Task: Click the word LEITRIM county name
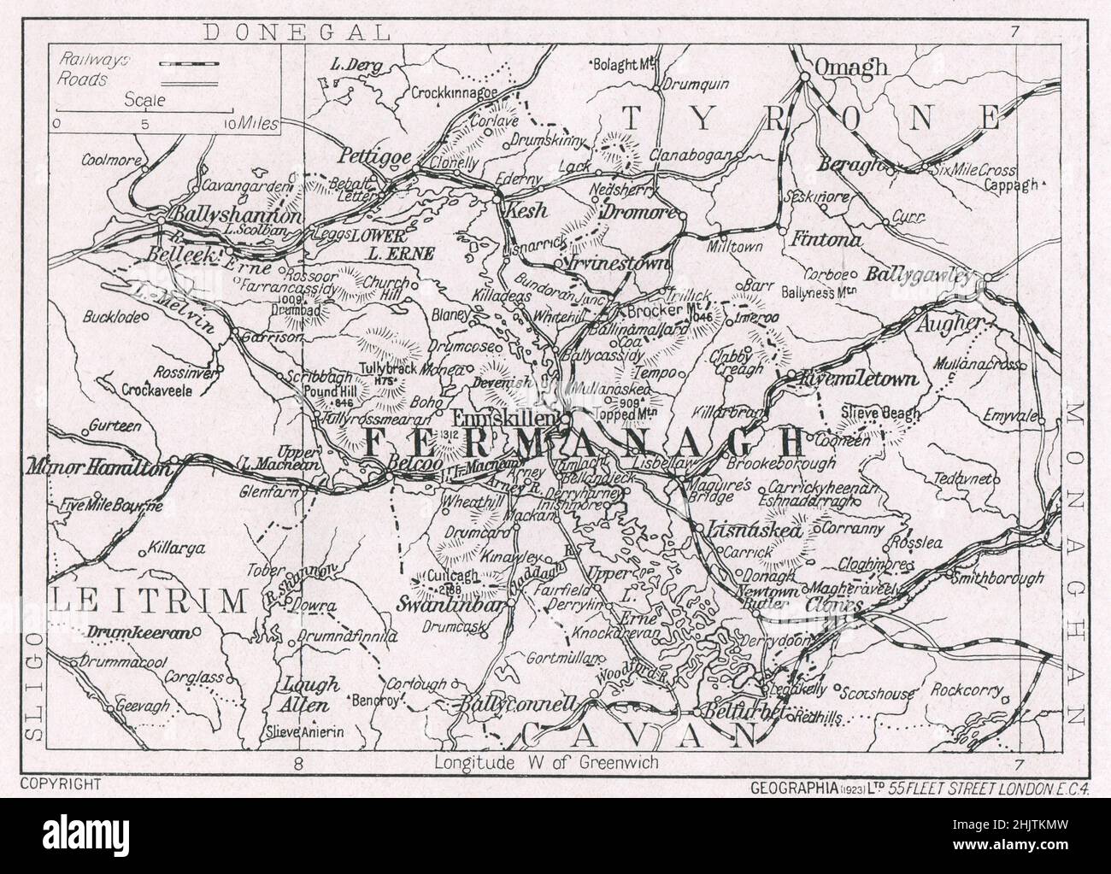146,601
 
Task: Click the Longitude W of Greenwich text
546,762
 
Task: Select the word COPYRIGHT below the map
60,783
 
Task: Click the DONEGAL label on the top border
297,32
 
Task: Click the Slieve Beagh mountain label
884,414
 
